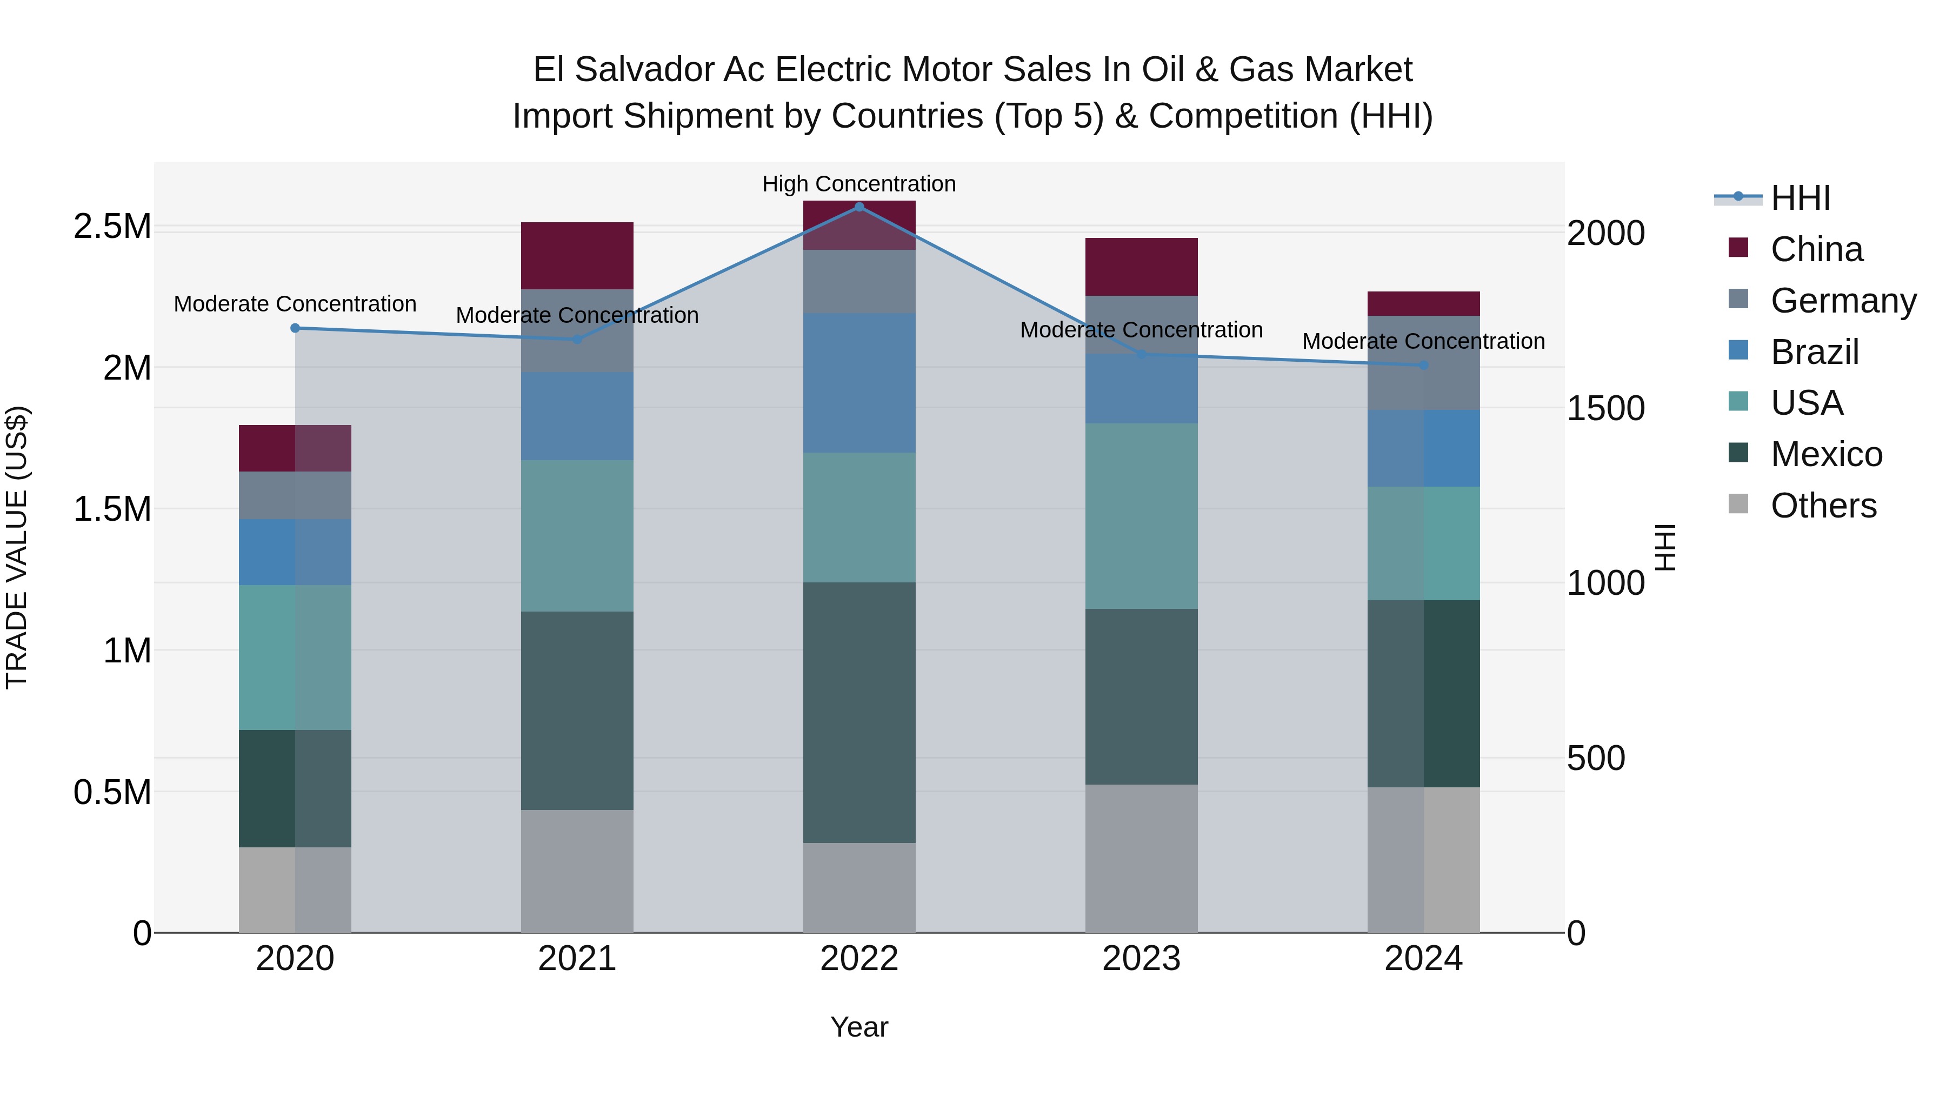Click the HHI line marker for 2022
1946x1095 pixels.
pos(859,207)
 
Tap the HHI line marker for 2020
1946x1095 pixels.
pos(295,328)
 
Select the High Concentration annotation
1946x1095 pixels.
pos(859,184)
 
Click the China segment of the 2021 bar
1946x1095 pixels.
pos(577,255)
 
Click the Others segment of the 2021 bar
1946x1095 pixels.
pos(577,871)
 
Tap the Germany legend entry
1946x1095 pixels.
pos(1843,300)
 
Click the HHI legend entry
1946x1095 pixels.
pos(1800,198)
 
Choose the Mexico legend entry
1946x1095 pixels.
pos(1826,454)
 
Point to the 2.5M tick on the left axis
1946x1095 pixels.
pos(112,226)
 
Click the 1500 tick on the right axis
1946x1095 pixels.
pos(1605,408)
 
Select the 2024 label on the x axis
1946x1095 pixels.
pos(1423,958)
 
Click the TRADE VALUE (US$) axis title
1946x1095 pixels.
pos(17,547)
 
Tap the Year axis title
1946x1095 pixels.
pos(859,1027)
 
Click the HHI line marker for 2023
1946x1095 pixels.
pos(1142,354)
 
